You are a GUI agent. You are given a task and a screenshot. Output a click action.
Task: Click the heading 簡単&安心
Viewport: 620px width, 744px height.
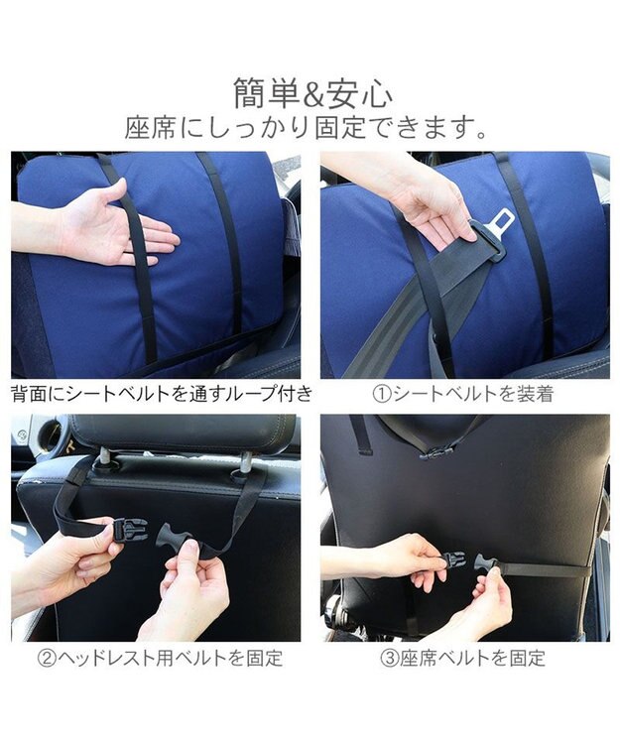[x=313, y=93]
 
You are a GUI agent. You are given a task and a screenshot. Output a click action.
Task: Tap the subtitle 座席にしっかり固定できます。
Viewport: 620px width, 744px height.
[x=307, y=127]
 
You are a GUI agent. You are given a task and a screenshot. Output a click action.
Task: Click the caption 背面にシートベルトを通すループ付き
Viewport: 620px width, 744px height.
[x=162, y=394]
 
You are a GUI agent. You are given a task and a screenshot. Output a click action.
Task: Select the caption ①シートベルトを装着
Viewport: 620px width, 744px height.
[x=463, y=394]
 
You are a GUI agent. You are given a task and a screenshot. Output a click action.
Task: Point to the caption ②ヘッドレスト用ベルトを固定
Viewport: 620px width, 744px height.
[x=161, y=658]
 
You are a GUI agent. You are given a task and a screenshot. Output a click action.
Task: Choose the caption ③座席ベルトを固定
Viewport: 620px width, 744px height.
[x=463, y=658]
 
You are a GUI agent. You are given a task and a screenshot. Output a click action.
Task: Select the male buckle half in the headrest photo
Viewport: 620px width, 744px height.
[x=174, y=533]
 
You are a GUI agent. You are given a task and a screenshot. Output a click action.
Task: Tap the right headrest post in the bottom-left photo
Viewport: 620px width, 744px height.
[x=246, y=463]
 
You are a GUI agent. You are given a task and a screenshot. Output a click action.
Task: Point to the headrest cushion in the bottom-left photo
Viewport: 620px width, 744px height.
[x=185, y=434]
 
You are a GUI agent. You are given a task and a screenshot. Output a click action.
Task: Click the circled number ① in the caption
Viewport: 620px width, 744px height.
[x=381, y=394]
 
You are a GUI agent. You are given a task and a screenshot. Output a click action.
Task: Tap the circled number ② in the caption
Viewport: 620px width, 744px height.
[x=47, y=658]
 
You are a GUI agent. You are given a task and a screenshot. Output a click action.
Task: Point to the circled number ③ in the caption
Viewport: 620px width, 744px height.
[x=390, y=658]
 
